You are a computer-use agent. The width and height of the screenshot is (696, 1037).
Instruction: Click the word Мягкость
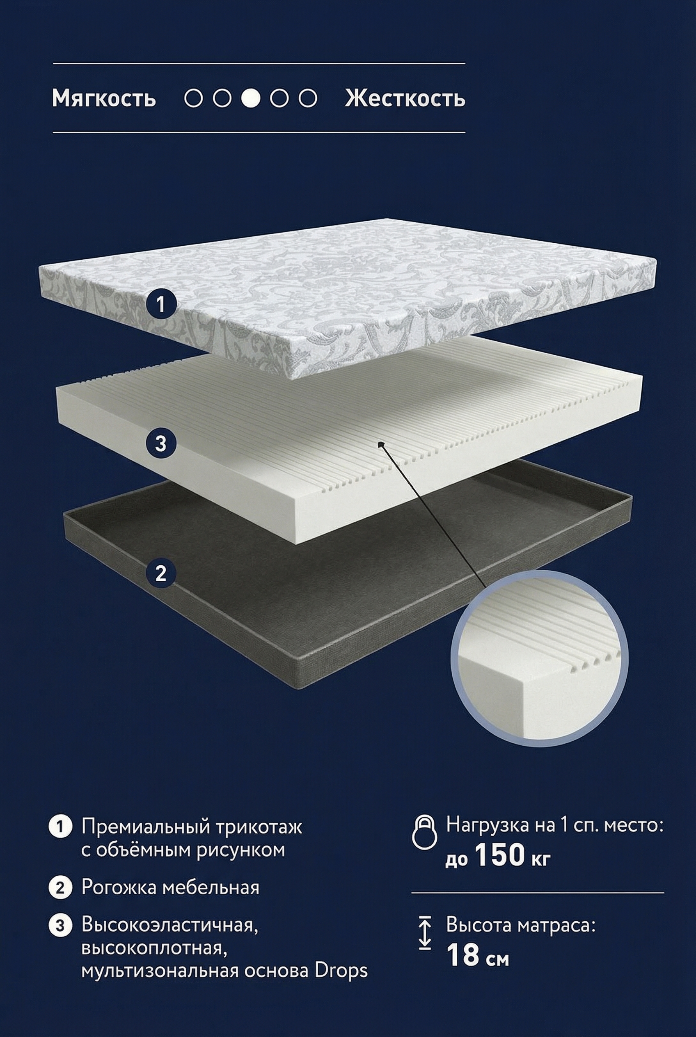tap(104, 98)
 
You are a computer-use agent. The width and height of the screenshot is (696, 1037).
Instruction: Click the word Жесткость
tap(405, 98)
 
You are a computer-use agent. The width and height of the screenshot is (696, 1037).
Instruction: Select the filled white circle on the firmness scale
tap(250, 98)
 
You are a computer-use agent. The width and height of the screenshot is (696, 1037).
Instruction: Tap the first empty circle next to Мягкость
tap(194, 98)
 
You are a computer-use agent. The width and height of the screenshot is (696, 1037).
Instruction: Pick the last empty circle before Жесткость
tap(308, 98)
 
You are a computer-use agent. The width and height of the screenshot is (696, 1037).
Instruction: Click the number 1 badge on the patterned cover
tap(161, 304)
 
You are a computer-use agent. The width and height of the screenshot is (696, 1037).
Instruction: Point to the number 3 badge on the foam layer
tap(161, 443)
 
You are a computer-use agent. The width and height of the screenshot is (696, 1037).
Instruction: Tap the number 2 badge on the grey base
tap(161, 573)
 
